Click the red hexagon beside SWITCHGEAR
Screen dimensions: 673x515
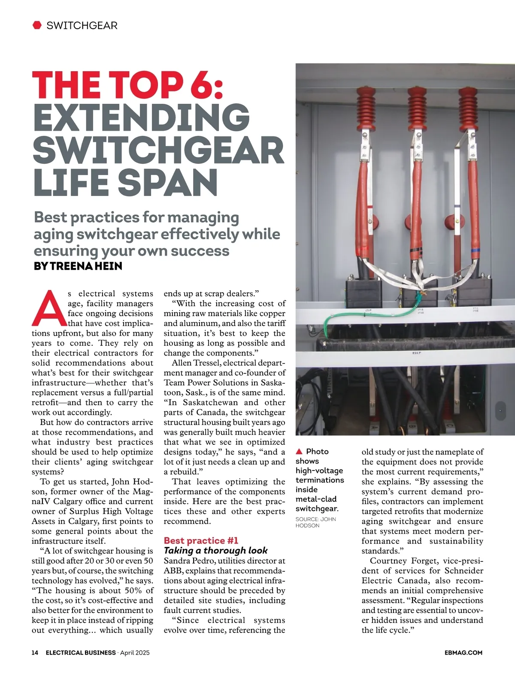click(37, 25)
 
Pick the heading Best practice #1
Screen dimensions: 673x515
click(201, 540)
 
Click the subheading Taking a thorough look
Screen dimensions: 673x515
click(215, 550)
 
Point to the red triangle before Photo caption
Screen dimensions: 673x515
click(299, 451)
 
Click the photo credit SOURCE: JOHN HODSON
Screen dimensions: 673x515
click(315, 522)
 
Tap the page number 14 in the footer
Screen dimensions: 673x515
click(35, 652)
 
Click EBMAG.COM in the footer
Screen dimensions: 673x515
click(463, 652)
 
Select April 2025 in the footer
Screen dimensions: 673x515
click(135, 652)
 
